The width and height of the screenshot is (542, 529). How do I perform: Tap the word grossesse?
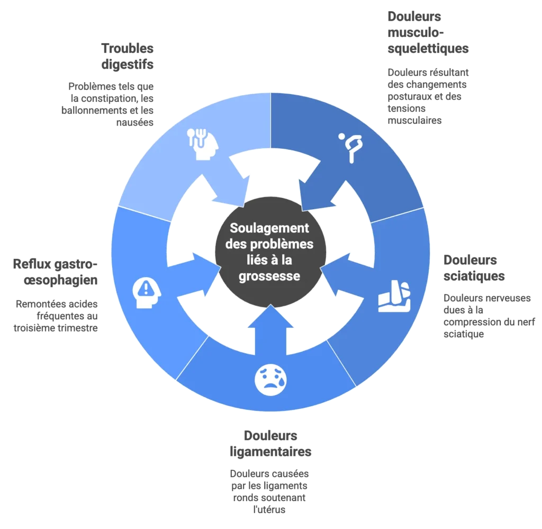[269, 276]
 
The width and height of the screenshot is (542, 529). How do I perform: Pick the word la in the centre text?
[286, 261]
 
